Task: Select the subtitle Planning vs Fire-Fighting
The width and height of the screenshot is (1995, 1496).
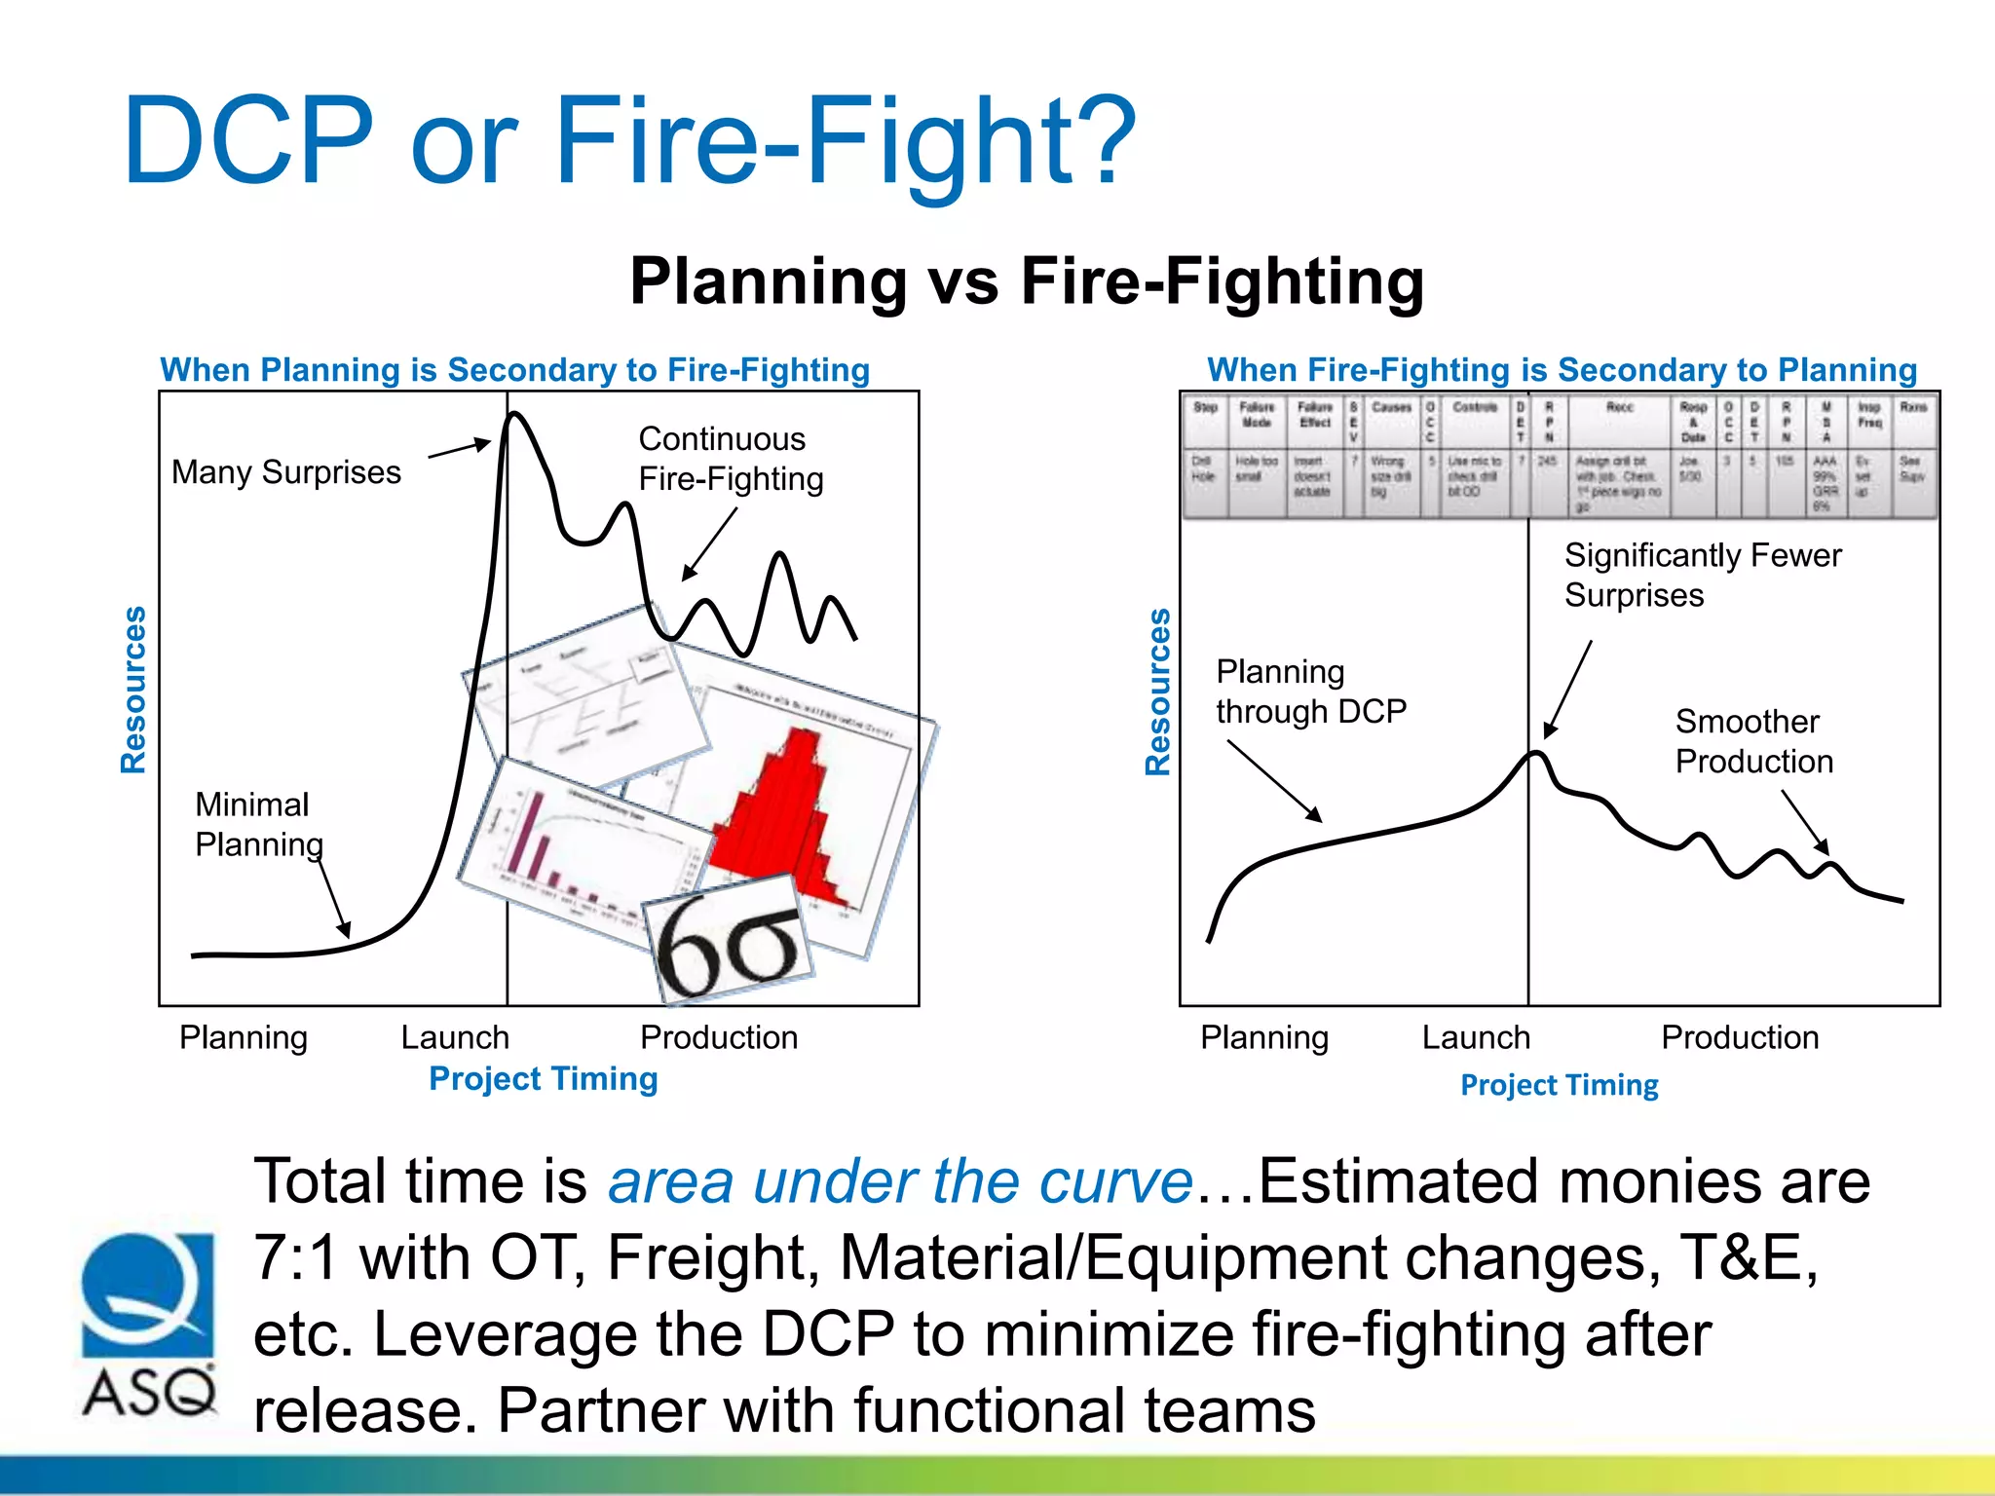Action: (x=1027, y=281)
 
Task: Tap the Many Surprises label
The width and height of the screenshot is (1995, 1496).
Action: (x=286, y=472)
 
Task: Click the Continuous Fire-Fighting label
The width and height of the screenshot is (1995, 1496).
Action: (x=731, y=459)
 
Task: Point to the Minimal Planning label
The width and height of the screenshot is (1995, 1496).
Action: (x=258, y=824)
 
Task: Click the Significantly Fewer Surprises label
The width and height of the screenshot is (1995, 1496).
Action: (x=1702, y=575)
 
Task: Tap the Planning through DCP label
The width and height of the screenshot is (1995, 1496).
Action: (x=1310, y=692)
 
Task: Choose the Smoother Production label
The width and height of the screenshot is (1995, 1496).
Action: (x=1753, y=741)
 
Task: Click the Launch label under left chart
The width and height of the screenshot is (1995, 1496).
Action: (x=455, y=1037)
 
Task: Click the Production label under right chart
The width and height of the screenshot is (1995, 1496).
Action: (x=1740, y=1037)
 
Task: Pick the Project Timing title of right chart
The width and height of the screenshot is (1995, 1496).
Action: (x=1559, y=1085)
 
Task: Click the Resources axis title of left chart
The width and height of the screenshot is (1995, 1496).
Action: (x=133, y=690)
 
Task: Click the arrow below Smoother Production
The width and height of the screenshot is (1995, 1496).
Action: (x=1805, y=822)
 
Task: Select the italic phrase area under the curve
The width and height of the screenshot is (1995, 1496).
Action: (x=900, y=1181)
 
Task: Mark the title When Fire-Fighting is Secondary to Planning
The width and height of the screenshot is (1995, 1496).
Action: (x=1562, y=370)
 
